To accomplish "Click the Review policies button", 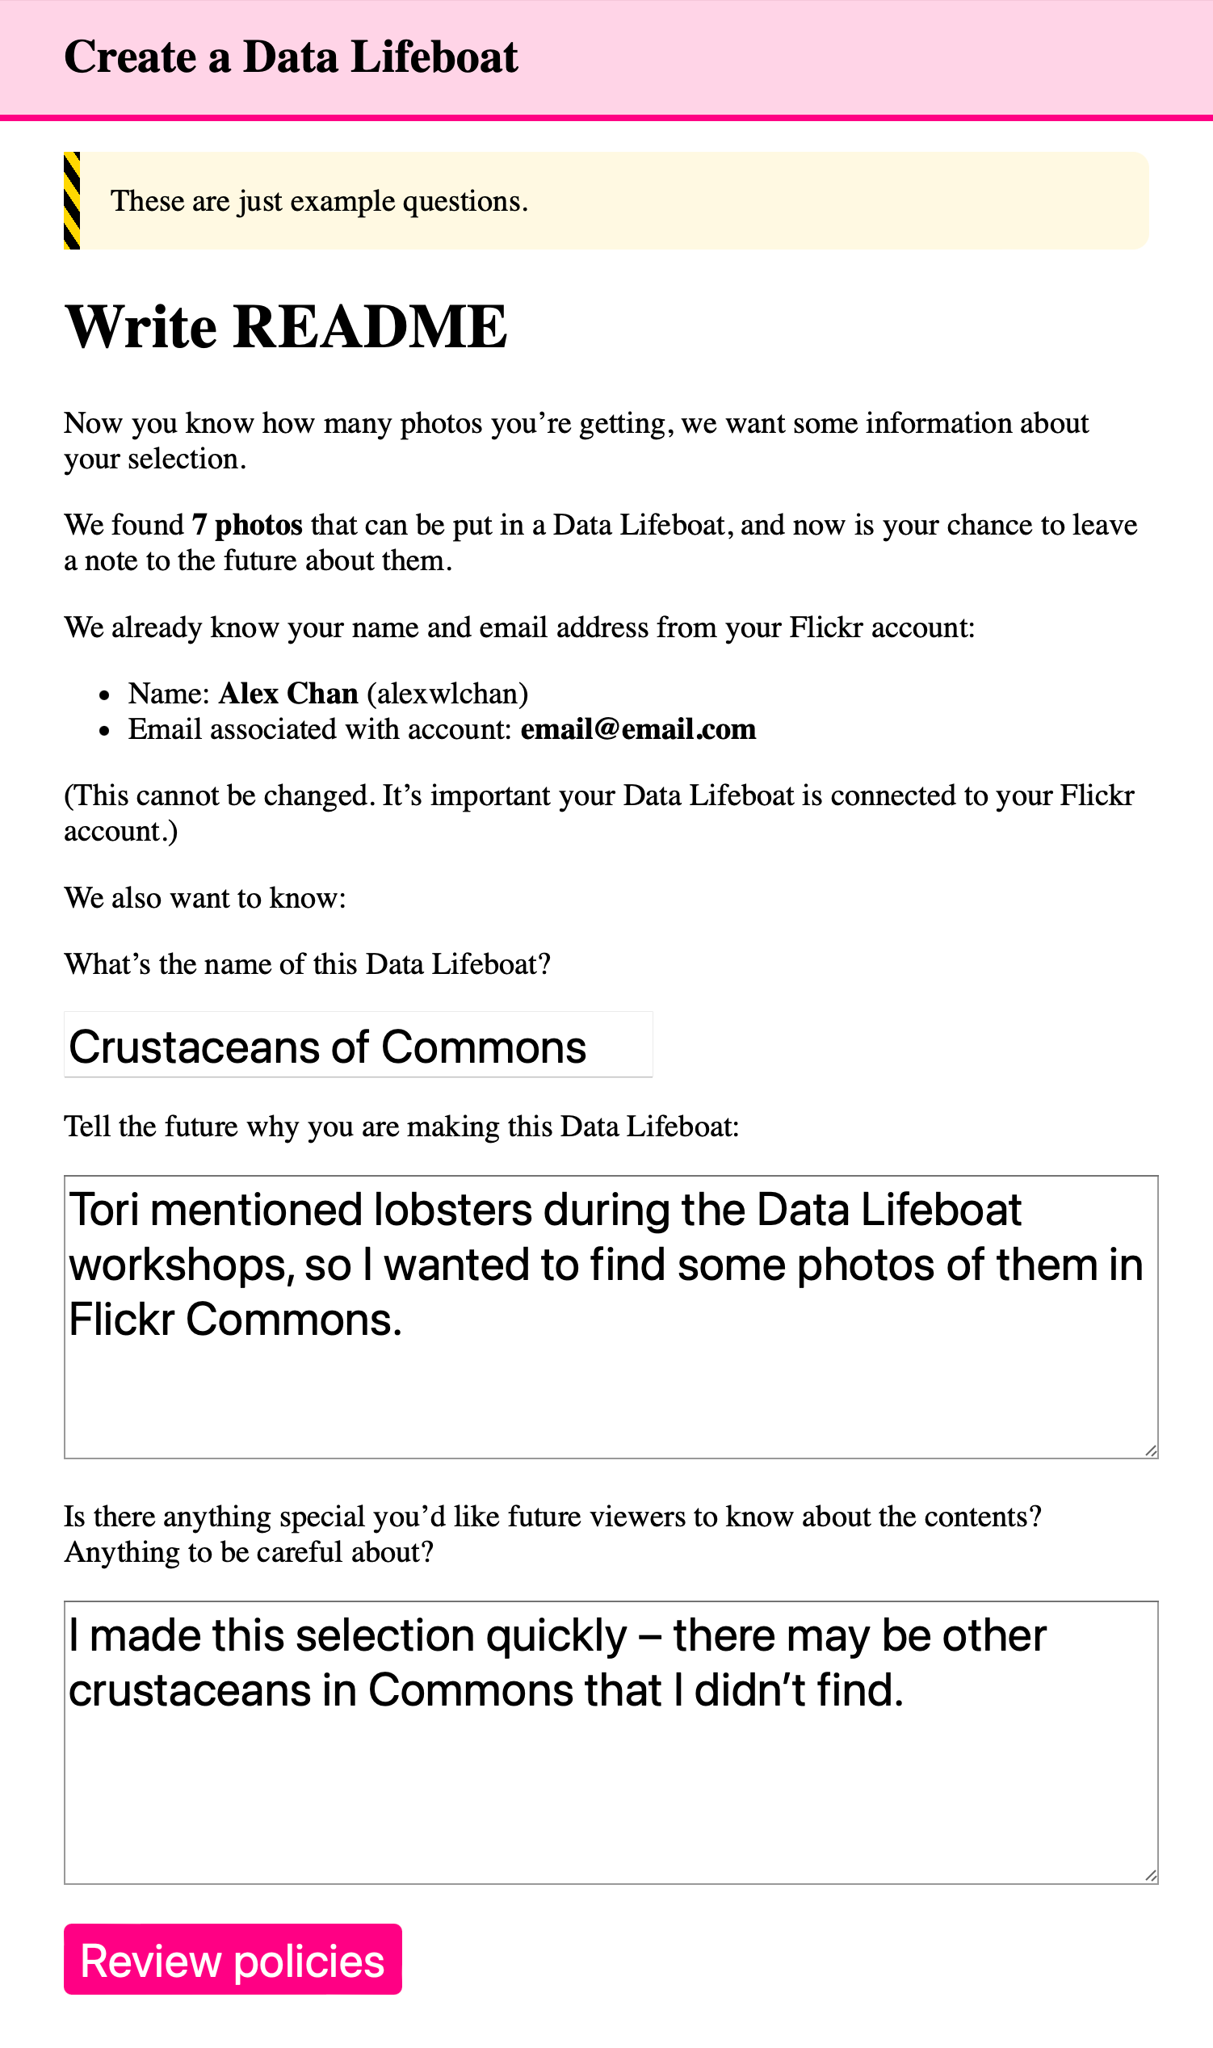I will tap(232, 1961).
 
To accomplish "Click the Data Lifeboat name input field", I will tap(358, 1045).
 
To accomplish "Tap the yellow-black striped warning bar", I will tap(72, 201).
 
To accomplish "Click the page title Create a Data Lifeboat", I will tap(291, 57).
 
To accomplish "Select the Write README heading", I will tap(286, 328).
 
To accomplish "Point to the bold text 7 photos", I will tap(247, 526).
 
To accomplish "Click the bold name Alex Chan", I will tap(288, 694).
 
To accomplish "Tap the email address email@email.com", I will tap(637, 730).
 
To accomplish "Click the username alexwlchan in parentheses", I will tap(447, 694).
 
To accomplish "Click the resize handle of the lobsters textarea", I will tap(1150, 1450).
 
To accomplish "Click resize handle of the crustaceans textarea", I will tap(1150, 1876).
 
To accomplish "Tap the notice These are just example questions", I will tap(320, 202).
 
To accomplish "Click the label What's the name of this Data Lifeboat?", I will tap(308, 965).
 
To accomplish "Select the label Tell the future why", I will tap(401, 1127).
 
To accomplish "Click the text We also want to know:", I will tap(205, 898).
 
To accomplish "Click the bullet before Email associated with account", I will tap(104, 731).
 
